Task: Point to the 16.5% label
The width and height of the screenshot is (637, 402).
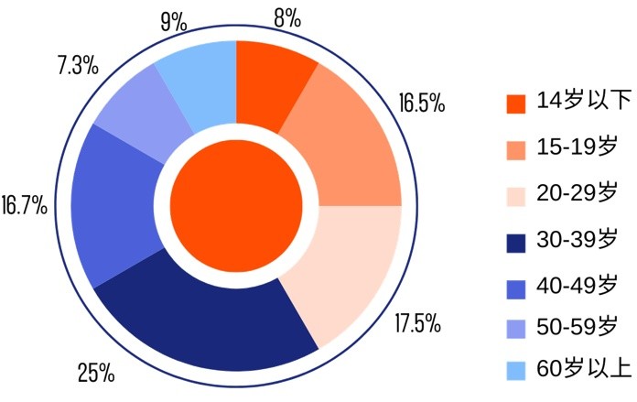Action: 422,102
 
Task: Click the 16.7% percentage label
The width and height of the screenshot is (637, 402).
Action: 25,204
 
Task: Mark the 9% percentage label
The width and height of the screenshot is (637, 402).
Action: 174,20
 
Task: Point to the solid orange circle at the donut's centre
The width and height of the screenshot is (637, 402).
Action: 237,205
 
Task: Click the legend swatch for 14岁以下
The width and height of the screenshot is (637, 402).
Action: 516,103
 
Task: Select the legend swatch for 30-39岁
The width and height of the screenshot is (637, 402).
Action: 516,243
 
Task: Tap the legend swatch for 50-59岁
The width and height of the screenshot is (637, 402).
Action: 516,326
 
